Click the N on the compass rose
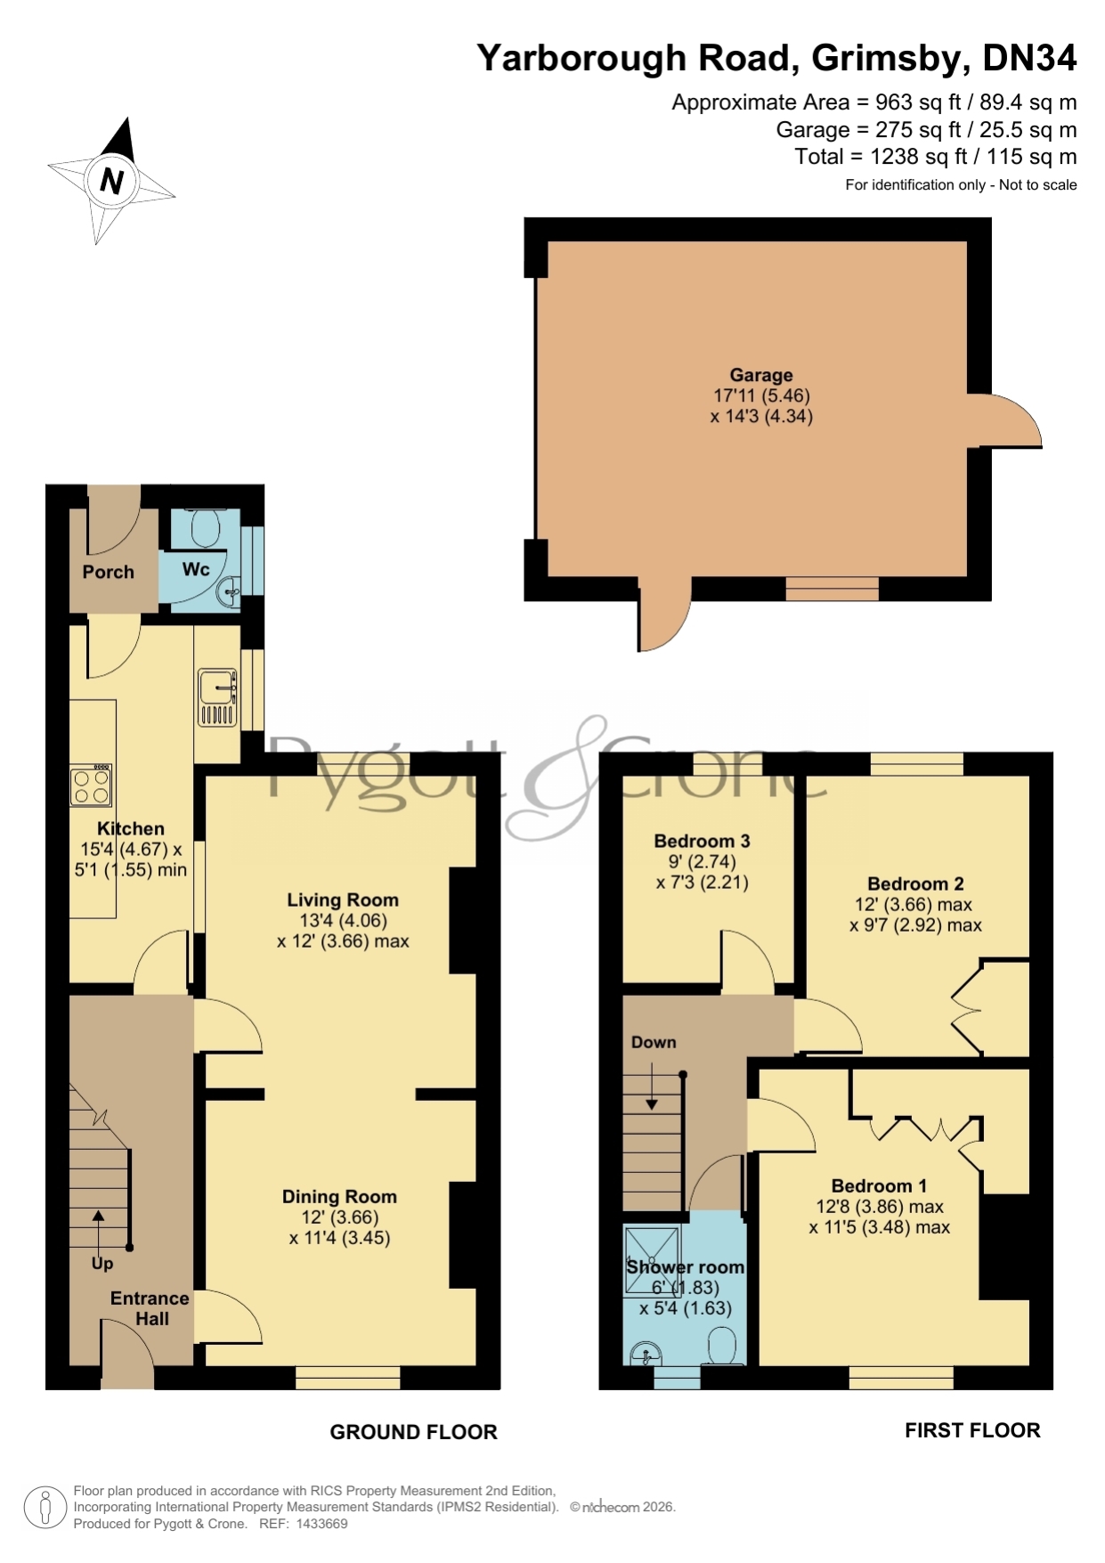(111, 181)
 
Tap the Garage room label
(761, 375)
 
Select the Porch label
(109, 572)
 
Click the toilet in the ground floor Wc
(206, 528)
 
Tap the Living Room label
(343, 900)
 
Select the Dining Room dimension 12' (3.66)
(340, 1217)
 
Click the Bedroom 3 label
(702, 841)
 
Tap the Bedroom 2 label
(915, 883)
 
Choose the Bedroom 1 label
(879, 1185)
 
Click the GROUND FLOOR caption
(413, 1432)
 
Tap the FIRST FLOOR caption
(972, 1430)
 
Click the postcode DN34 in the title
(1029, 58)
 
